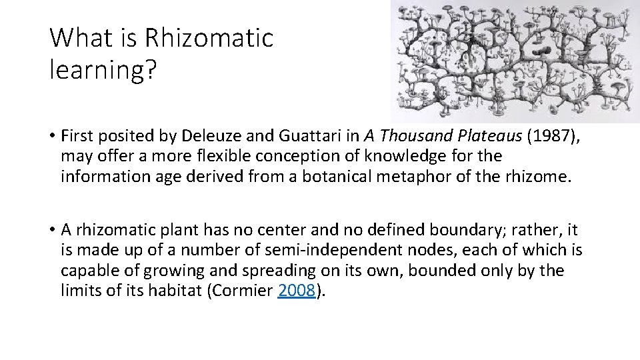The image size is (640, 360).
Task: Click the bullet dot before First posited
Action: [x=51, y=137]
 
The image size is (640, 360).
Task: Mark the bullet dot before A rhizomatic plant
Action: [x=51, y=229]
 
